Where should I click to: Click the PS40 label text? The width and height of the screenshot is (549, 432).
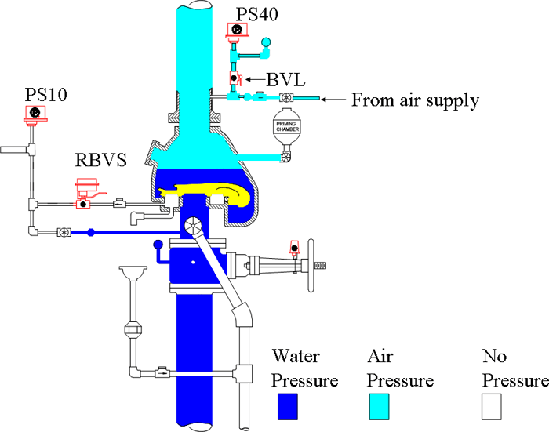pyautogui.click(x=257, y=14)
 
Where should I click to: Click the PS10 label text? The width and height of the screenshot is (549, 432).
pyautogui.click(x=45, y=95)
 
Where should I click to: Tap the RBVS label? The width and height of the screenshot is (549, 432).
pyautogui.click(x=101, y=160)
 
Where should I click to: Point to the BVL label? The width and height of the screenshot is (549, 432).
pyautogui.click(x=285, y=80)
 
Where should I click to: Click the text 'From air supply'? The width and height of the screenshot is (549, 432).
pyautogui.click(x=415, y=100)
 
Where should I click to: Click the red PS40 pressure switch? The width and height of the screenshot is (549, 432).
pyautogui.click(x=237, y=31)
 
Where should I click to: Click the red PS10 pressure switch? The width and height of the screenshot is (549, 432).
pyautogui.click(x=35, y=114)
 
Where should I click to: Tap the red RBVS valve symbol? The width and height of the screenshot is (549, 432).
pyautogui.click(x=86, y=194)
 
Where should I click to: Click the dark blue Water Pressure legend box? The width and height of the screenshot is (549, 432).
pyautogui.click(x=288, y=406)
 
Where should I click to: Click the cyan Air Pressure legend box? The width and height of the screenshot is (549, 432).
pyautogui.click(x=379, y=406)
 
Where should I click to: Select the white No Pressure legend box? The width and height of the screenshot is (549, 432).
pyautogui.click(x=491, y=406)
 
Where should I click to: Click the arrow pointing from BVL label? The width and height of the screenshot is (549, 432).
pyautogui.click(x=255, y=79)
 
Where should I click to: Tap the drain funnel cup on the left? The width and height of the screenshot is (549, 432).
pyautogui.click(x=133, y=272)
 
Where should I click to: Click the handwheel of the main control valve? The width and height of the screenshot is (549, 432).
pyautogui.click(x=311, y=265)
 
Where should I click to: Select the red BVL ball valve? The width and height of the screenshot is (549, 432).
pyautogui.click(x=235, y=78)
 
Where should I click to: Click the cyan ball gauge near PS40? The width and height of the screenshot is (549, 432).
pyautogui.click(x=266, y=42)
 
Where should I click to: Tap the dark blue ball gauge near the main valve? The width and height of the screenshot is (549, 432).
pyautogui.click(x=158, y=244)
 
